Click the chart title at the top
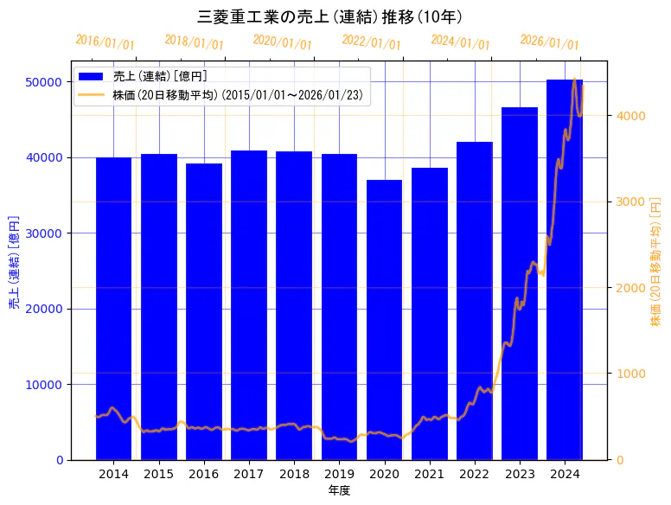point(335,17)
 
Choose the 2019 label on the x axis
point(339,474)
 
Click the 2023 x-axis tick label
point(519,474)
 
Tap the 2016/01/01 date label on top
point(105,42)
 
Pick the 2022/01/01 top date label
point(372,42)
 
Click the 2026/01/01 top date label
point(550,42)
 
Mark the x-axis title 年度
point(339,491)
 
